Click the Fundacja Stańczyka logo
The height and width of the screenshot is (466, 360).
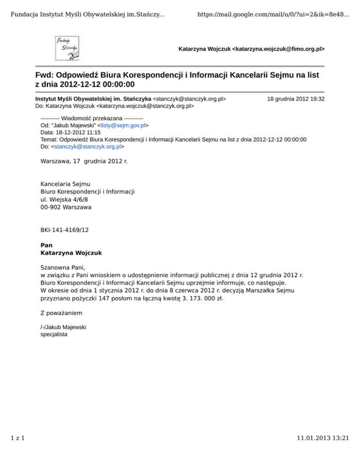point(68,48)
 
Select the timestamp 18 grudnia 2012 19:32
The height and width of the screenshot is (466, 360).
point(296,99)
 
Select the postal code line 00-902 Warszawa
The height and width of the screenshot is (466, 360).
point(66,206)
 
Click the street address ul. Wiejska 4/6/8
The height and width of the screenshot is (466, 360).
point(68,199)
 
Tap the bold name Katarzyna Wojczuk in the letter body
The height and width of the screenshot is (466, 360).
point(71,253)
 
